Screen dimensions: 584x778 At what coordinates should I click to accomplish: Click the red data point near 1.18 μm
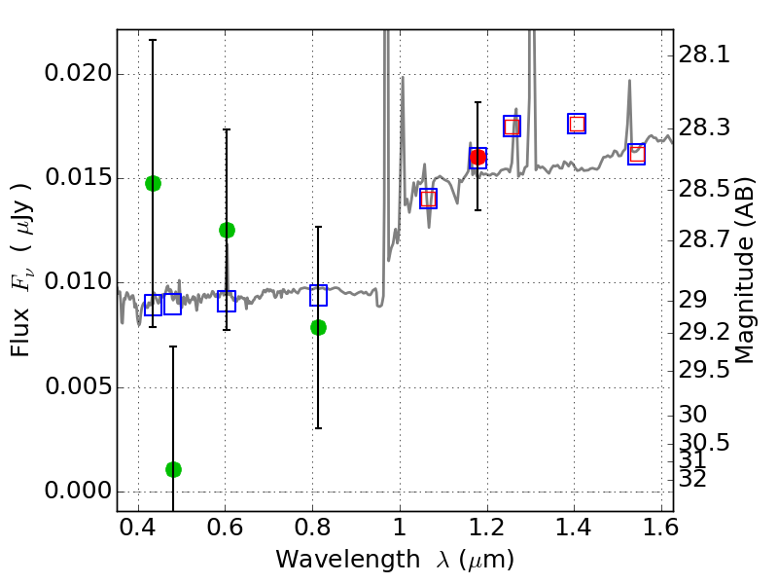[x=477, y=157]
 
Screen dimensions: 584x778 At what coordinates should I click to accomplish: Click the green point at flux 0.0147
[x=153, y=183]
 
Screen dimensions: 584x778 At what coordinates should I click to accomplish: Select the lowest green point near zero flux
[x=173, y=469]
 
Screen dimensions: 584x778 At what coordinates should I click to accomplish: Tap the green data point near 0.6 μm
[x=227, y=230]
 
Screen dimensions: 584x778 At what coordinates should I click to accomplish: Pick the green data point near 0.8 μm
[x=318, y=327]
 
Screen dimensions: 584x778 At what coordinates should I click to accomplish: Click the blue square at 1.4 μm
[x=577, y=124]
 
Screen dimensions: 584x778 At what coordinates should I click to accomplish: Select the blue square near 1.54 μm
[x=636, y=154]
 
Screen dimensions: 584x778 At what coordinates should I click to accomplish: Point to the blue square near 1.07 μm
[x=428, y=199]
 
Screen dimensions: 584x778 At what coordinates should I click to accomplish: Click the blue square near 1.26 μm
[x=512, y=126]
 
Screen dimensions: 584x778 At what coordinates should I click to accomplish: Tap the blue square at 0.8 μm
[x=318, y=296]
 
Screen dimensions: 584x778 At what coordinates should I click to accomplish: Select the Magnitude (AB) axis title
[x=746, y=271]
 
